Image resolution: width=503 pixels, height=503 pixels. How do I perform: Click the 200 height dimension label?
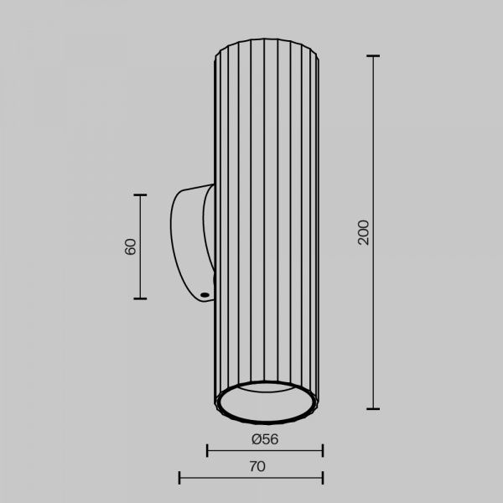tap(364, 232)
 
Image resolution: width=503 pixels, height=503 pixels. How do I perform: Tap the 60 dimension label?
tap(130, 246)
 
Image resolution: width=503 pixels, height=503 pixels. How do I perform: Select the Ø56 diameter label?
tap(265, 439)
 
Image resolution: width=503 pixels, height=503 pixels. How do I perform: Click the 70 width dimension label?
tap(257, 466)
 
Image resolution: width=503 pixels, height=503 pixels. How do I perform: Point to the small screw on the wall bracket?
tap(204, 294)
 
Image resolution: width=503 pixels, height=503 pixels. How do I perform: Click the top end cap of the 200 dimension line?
tap(373, 56)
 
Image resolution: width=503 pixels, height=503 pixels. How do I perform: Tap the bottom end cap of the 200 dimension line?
tap(373, 409)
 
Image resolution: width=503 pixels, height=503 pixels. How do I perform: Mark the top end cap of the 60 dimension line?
tap(140, 194)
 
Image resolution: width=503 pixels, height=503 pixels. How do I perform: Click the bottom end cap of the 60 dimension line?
tap(140, 298)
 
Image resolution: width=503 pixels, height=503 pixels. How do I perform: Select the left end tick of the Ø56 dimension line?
tap(207, 450)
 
